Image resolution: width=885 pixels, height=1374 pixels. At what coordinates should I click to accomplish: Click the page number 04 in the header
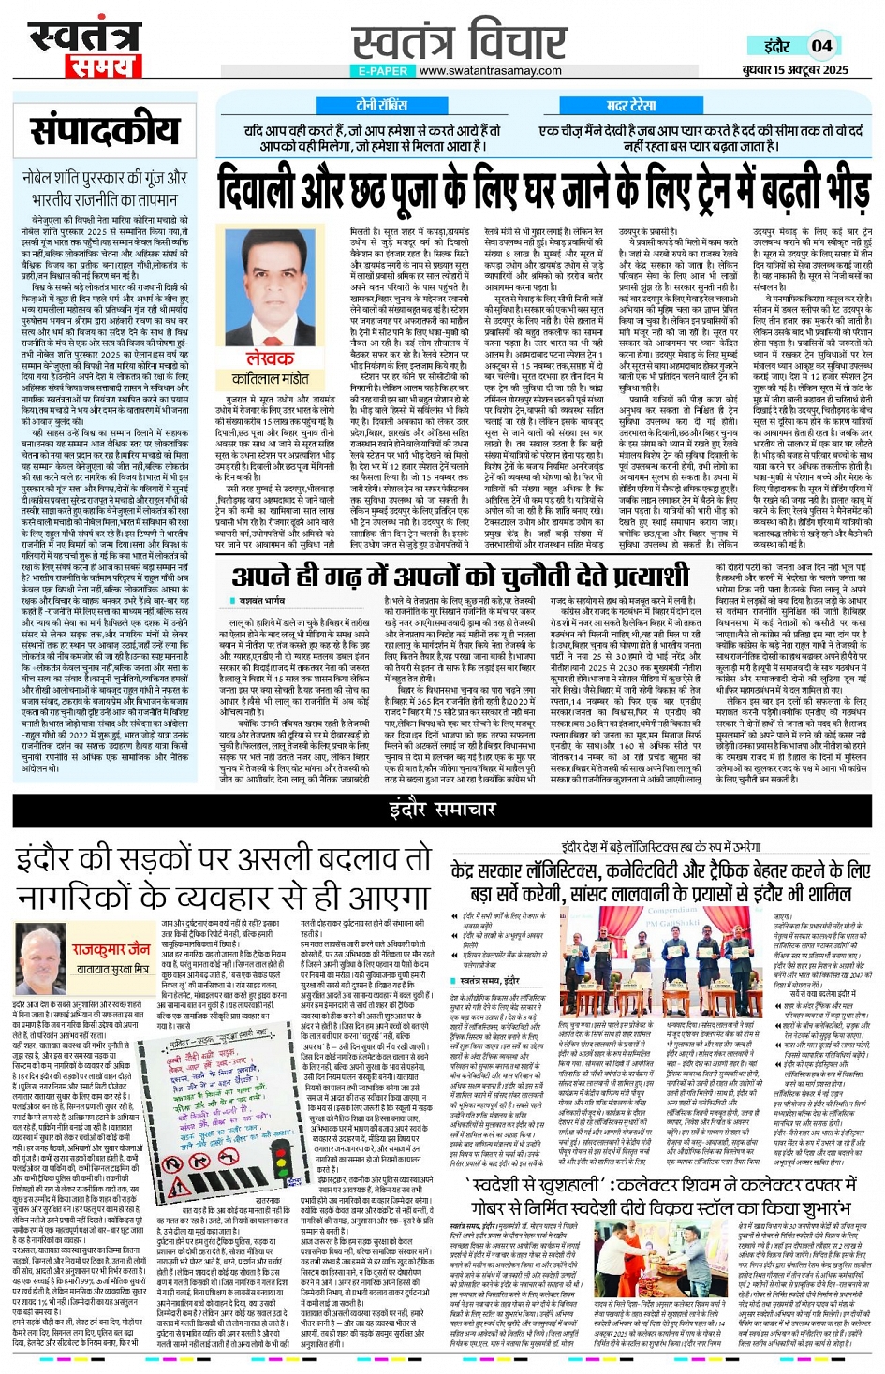[821, 46]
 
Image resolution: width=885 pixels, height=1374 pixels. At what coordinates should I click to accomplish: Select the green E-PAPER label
[383, 71]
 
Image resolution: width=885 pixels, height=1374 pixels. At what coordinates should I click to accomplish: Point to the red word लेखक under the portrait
[270, 358]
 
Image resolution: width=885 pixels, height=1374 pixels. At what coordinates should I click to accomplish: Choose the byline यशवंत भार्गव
[262, 599]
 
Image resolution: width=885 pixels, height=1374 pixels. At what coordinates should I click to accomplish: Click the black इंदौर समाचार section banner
[442, 809]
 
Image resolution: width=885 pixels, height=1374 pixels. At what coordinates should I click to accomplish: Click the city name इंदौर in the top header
[776, 46]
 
